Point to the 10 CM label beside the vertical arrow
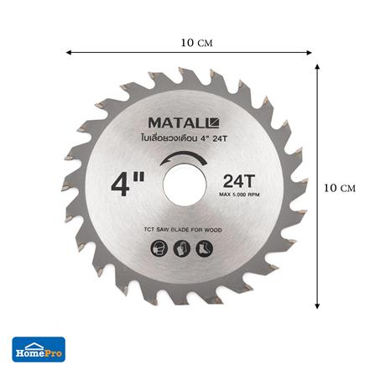point(344,188)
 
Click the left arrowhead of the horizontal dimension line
point(68,52)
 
